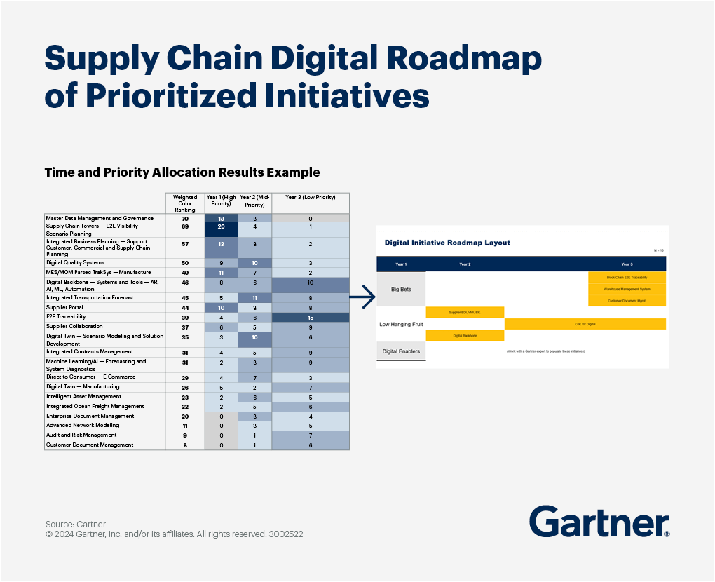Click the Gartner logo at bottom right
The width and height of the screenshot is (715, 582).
click(x=599, y=522)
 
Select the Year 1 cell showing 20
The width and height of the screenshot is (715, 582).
click(x=221, y=226)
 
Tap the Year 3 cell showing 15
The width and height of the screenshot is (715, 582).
click(x=310, y=317)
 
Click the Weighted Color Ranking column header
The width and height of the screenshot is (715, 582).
click(x=185, y=203)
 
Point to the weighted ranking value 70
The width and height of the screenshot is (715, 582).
click(x=185, y=219)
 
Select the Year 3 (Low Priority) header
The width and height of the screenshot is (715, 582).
click(x=310, y=198)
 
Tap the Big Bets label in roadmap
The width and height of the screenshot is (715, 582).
click(x=401, y=289)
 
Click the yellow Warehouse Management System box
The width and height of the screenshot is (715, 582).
click(x=627, y=289)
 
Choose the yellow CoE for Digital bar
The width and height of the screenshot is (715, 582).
click(x=585, y=324)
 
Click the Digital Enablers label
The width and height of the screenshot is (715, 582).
click(x=401, y=351)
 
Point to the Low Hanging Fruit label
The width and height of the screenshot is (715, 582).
click(x=401, y=324)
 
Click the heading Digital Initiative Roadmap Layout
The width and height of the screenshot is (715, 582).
click(x=447, y=243)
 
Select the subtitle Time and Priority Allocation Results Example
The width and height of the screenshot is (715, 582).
click(x=182, y=172)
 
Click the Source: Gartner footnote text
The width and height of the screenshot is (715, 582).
click(x=76, y=524)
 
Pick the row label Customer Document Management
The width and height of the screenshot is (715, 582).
click(x=89, y=445)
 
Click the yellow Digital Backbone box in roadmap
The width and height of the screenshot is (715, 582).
click(x=465, y=336)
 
